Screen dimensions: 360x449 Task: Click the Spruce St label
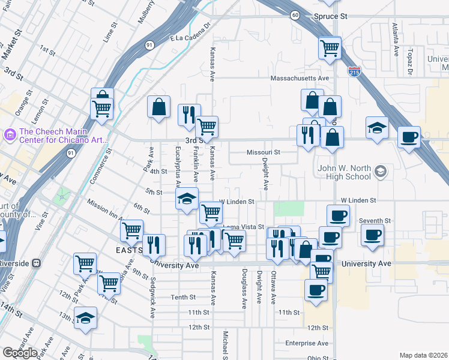pos(331,17)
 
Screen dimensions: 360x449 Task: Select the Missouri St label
pos(264,152)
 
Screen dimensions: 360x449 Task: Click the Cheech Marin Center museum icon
pos(10,136)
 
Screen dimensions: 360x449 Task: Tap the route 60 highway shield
pos(294,15)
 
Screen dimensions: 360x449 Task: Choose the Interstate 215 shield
pos(354,71)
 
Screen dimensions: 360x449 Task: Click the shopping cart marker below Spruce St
pos(330,47)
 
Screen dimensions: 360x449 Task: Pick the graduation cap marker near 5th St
pos(187,199)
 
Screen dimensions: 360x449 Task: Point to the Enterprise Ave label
pos(307,343)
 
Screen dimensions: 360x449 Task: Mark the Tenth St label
pos(183,298)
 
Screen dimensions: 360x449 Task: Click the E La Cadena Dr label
pos(191,35)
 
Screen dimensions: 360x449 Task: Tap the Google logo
pos(20,353)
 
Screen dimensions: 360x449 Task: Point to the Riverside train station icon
pos(36,263)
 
